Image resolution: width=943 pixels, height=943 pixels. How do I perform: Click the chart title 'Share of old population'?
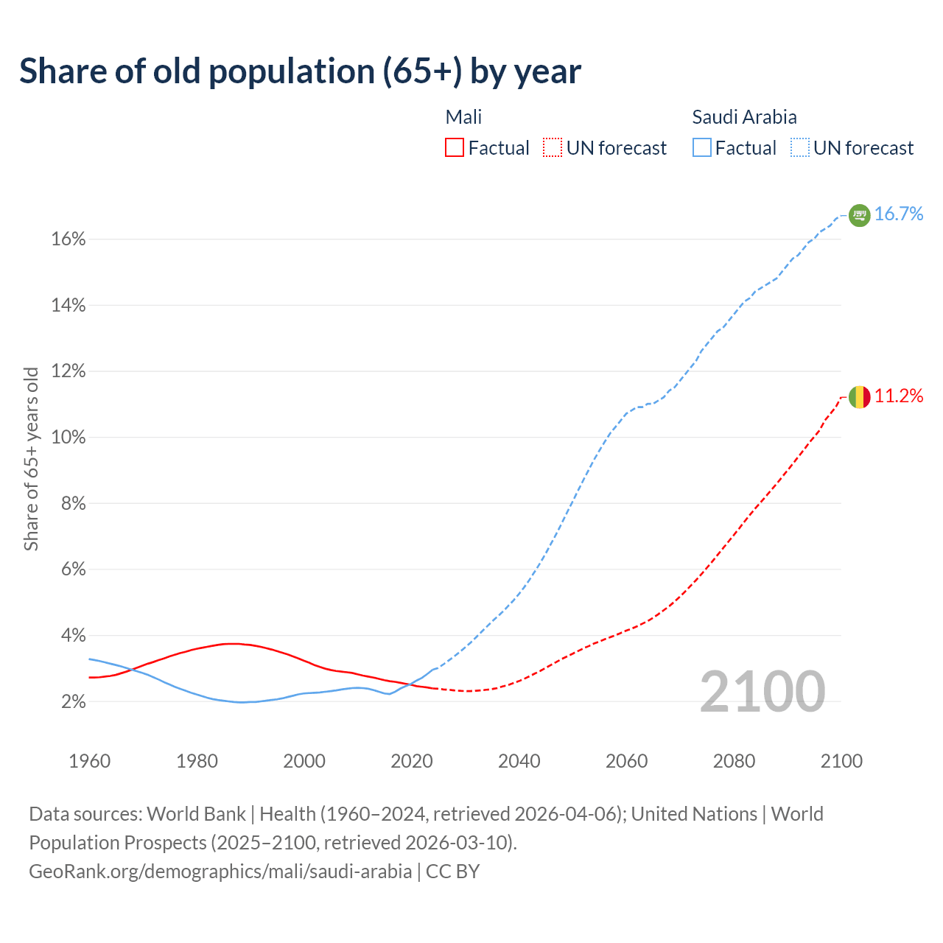pyautogui.click(x=300, y=71)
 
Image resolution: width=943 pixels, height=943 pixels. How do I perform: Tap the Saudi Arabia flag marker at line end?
pyautogui.click(x=859, y=215)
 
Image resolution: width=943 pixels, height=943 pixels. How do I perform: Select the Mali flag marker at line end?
pyautogui.click(x=859, y=397)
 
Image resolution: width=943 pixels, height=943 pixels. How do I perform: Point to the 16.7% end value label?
pyautogui.click(x=899, y=214)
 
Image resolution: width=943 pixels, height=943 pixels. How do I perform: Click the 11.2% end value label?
pyautogui.click(x=899, y=396)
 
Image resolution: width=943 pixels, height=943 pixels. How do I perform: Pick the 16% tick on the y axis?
pyautogui.click(x=69, y=239)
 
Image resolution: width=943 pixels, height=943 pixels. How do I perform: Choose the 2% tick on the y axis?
pyautogui.click(x=73, y=702)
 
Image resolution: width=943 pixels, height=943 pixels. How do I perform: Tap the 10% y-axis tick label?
pyautogui.click(x=69, y=438)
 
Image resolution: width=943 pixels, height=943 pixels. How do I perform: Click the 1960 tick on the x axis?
pyautogui.click(x=89, y=761)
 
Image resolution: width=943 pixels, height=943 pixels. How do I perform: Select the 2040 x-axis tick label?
pyautogui.click(x=519, y=761)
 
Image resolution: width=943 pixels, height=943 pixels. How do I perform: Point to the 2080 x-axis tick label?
pyautogui.click(x=734, y=761)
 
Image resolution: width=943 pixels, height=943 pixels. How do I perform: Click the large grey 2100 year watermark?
pyautogui.click(x=762, y=692)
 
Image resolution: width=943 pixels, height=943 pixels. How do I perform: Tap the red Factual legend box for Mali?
pyautogui.click(x=455, y=148)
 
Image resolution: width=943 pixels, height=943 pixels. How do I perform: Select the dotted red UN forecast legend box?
pyautogui.click(x=553, y=148)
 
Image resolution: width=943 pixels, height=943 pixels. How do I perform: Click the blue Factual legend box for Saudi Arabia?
pyautogui.click(x=702, y=148)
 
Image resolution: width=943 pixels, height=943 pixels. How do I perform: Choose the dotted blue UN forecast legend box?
pyautogui.click(x=800, y=148)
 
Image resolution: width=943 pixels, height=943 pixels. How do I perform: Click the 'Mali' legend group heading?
pyautogui.click(x=463, y=117)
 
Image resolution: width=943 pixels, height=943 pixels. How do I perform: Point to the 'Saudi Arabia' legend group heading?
pyautogui.click(x=744, y=117)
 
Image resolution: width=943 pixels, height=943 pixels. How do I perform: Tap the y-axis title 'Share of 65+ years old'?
pyautogui.click(x=31, y=458)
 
